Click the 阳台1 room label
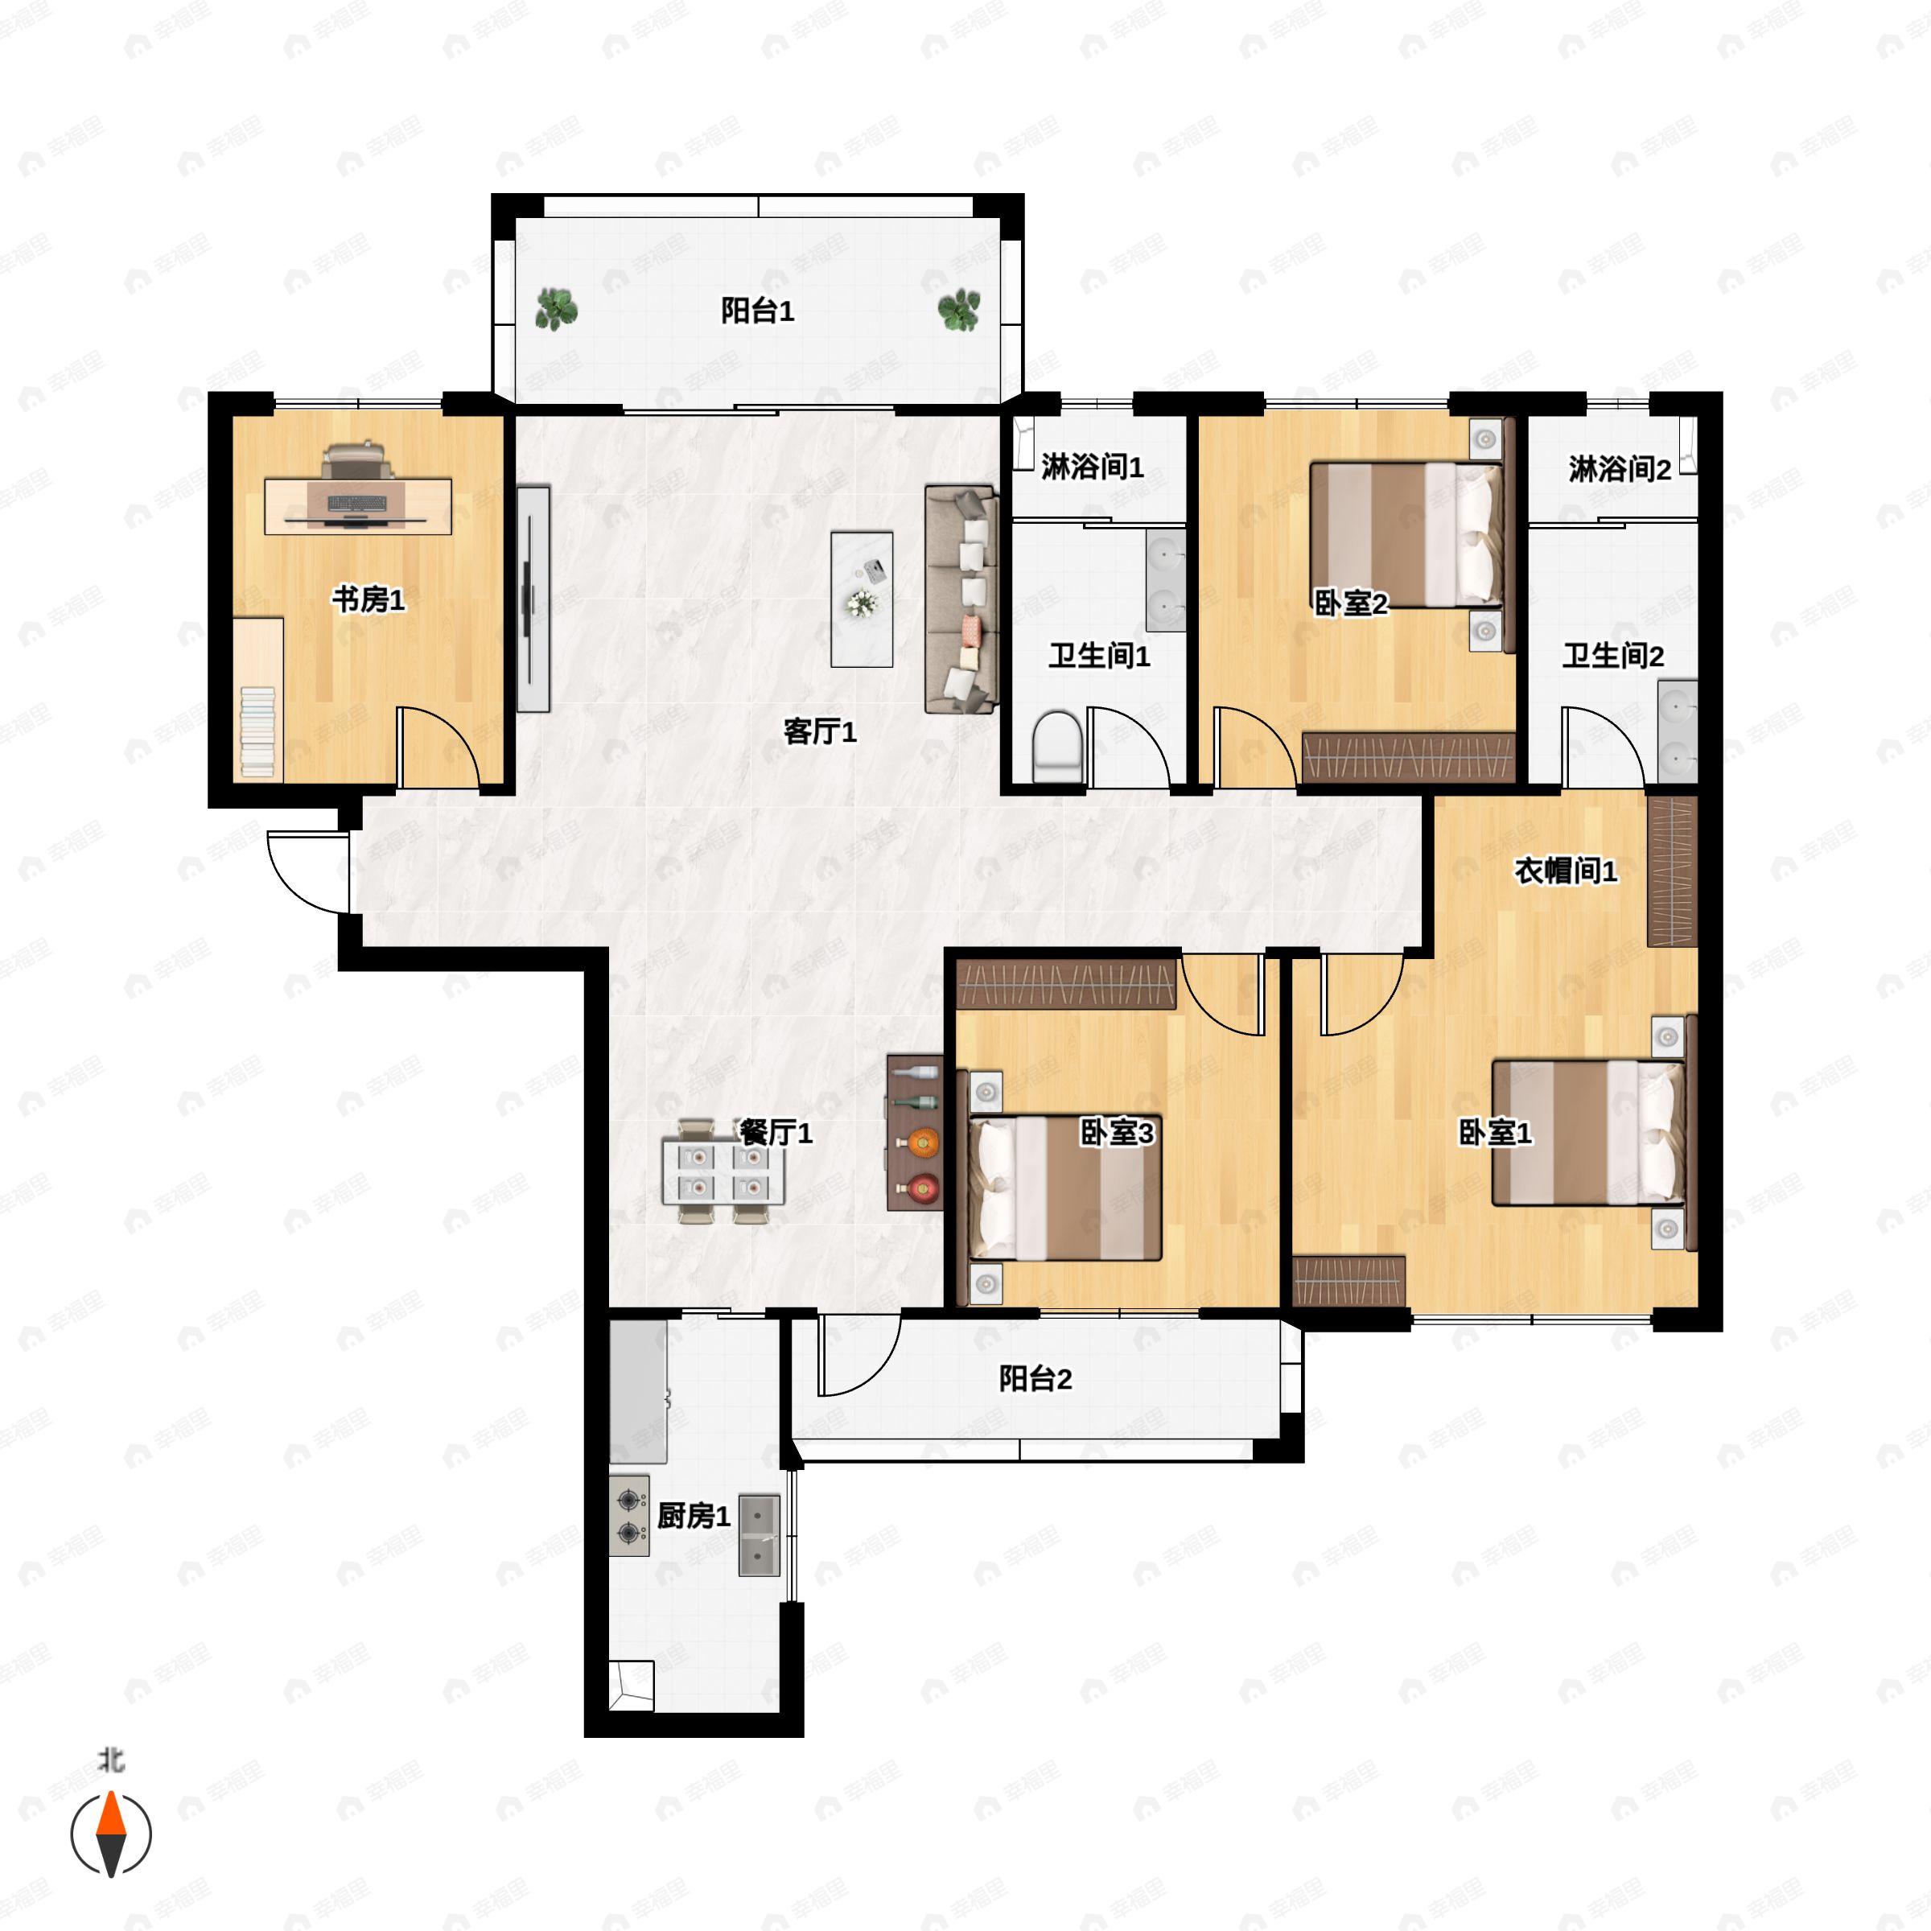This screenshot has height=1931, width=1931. pos(758,311)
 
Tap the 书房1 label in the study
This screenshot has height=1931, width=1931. pos(368,599)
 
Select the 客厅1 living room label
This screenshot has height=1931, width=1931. pos(820,731)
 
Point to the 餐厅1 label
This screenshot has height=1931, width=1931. pos(776,1132)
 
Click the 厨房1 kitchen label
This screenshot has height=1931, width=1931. pos(694,1516)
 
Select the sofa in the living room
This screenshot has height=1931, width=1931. pos(961,599)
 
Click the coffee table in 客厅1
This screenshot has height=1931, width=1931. pos(862,599)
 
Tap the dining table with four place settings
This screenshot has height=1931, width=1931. pos(723,1171)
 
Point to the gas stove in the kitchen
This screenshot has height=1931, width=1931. pos(630,1515)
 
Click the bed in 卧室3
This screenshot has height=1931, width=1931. pos(1065,1188)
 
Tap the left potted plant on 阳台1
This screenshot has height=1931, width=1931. pos(556,309)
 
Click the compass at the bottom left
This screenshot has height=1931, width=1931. pos(111,1834)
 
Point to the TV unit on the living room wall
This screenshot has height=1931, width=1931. pos(533,599)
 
